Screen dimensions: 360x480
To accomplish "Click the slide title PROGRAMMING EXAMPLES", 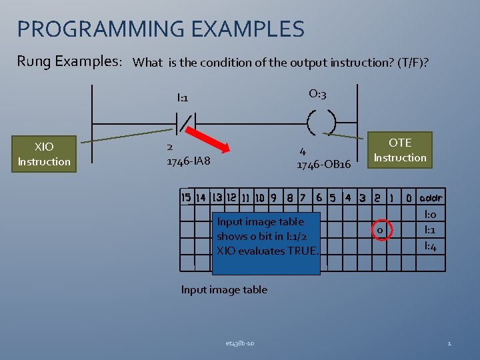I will [161, 29].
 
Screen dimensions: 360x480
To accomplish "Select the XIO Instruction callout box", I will [44, 154].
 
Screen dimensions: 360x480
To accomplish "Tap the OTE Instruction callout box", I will [400, 150].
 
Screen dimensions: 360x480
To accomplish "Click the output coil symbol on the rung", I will [321, 123].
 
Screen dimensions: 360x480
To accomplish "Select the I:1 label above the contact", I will [183, 98].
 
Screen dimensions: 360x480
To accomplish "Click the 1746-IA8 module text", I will [188, 161].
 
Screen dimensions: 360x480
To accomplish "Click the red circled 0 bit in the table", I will [379, 230].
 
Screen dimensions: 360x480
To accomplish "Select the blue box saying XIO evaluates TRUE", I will [267, 236].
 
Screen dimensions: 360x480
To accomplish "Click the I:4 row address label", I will [430, 247].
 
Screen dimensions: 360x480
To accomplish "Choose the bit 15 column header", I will [186, 197].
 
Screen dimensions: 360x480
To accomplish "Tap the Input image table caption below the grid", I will [224, 289].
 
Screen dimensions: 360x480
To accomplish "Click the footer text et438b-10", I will [239, 343].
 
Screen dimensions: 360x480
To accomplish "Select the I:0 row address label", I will [430, 215].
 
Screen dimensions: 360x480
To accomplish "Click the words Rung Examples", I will [69, 61].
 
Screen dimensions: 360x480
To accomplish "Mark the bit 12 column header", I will [231, 197].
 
